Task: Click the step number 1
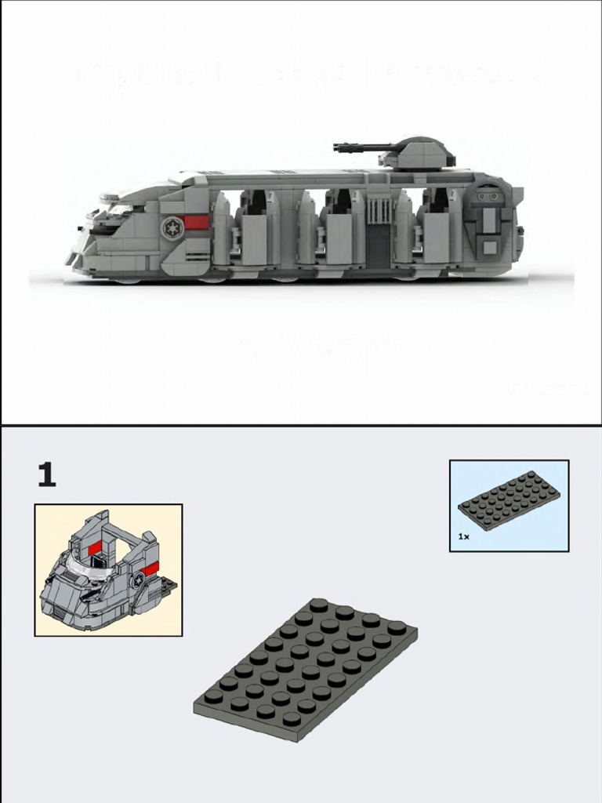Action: (x=47, y=475)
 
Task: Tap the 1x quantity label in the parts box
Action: (x=464, y=537)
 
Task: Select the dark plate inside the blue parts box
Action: (x=510, y=500)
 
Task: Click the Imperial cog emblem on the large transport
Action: (x=170, y=227)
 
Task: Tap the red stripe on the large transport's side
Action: (x=197, y=223)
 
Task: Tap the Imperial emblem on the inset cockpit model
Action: (x=138, y=581)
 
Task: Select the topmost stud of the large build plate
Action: (x=318, y=604)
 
